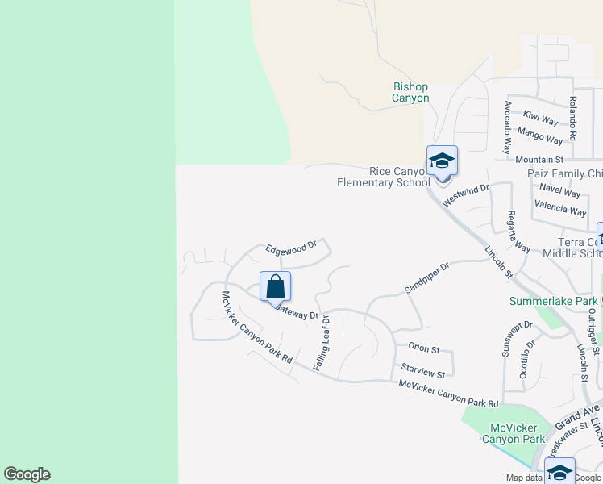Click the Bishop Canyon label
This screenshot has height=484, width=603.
(x=410, y=92)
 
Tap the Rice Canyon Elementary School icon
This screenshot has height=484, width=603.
(x=442, y=161)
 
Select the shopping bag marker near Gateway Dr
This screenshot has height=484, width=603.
(x=275, y=286)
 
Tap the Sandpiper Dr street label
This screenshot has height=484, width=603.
(x=426, y=276)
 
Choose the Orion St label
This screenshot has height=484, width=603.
(x=423, y=349)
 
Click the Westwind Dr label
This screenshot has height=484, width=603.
(x=466, y=194)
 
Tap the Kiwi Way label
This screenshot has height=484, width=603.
(x=540, y=119)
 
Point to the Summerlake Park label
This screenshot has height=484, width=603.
(x=553, y=302)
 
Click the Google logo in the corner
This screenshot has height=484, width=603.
(x=27, y=474)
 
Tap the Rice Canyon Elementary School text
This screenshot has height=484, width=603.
(x=384, y=177)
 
